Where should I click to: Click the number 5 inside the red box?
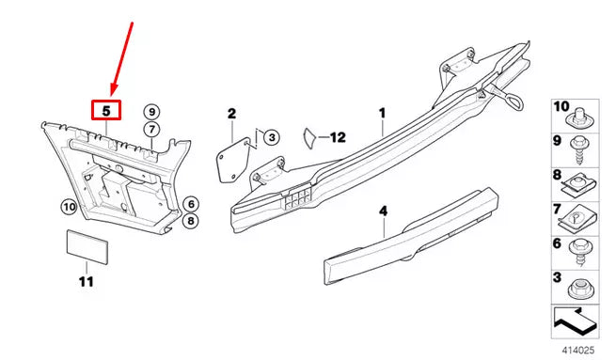click(106, 111)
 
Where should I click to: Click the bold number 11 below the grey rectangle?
click(86, 280)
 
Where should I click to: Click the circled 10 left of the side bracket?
click(69, 207)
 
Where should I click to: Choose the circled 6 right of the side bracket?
click(190, 203)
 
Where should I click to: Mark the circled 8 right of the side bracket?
click(190, 222)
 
